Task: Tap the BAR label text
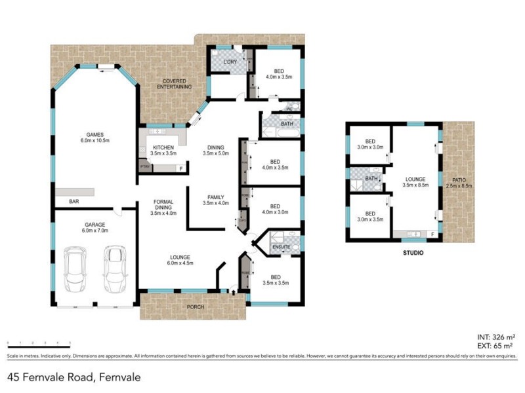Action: (74, 202)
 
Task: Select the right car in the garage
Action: (115, 270)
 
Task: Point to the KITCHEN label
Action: (163, 147)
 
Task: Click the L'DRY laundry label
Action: (229, 62)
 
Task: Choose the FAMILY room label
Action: (216, 196)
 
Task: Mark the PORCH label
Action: (196, 307)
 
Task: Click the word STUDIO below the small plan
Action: (411, 253)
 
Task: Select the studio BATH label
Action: (371, 178)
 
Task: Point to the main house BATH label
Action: (287, 124)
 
